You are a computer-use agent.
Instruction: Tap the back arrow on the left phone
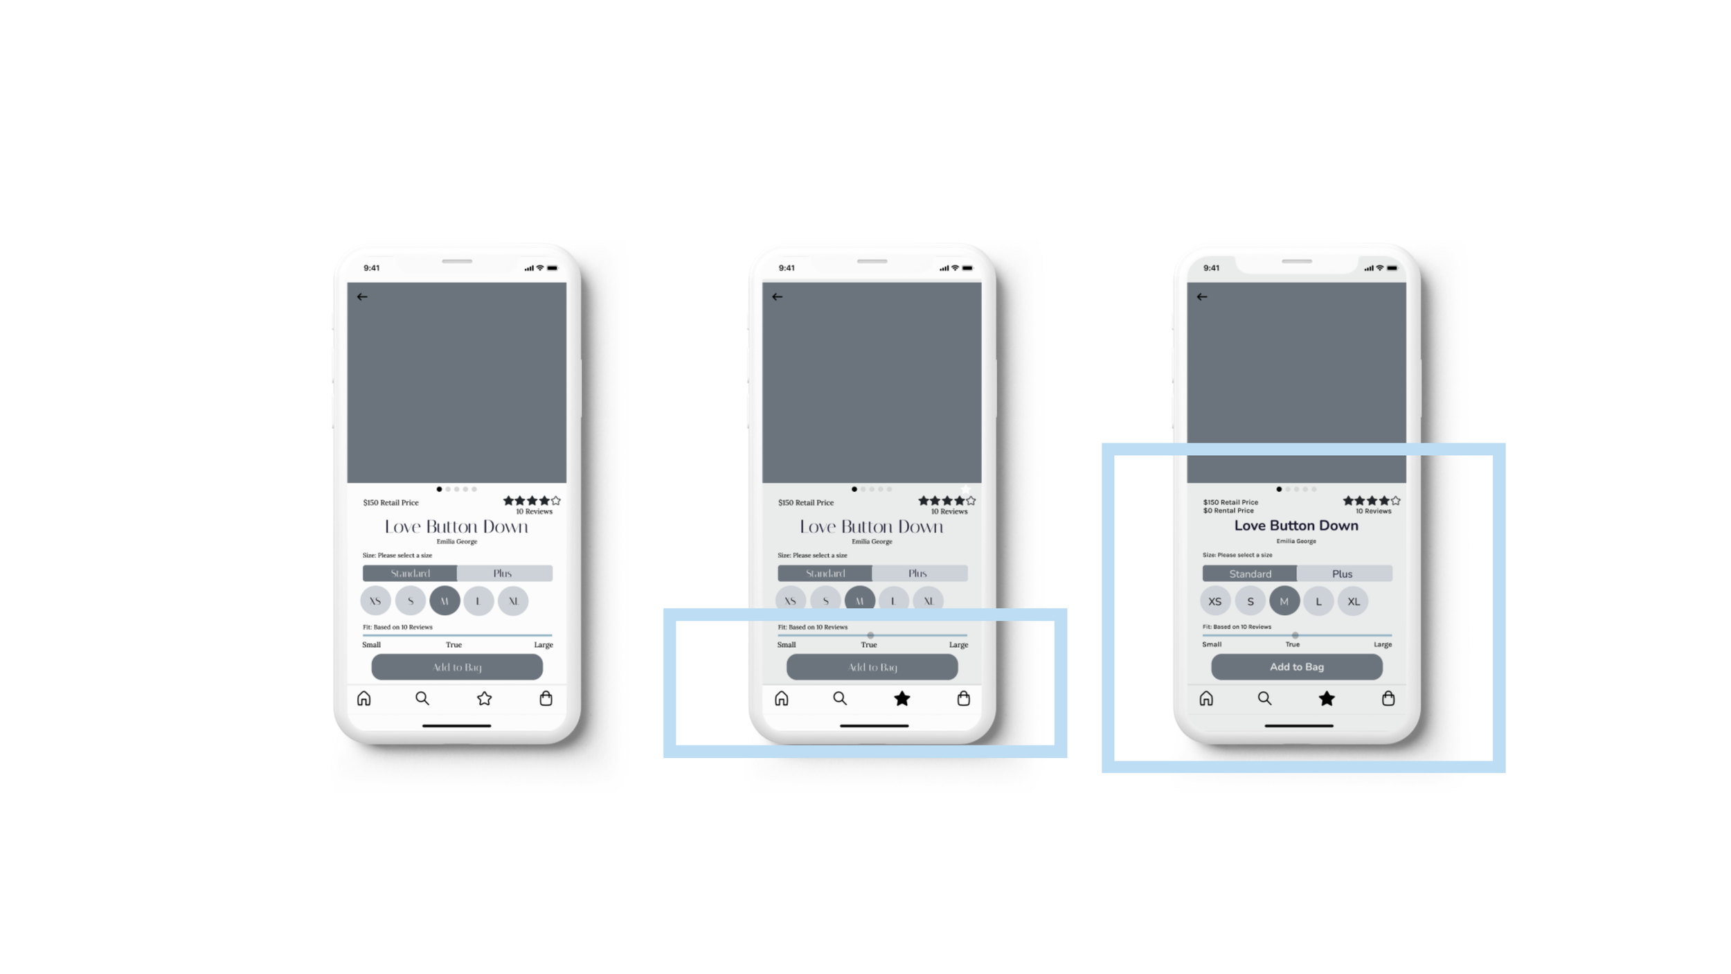coord(362,296)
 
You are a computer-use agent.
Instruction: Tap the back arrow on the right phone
coord(1202,296)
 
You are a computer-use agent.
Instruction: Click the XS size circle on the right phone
coord(1215,601)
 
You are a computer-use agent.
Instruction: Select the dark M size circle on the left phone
coord(445,601)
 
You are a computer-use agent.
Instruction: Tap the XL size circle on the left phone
coord(513,601)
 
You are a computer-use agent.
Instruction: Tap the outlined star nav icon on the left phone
coord(484,698)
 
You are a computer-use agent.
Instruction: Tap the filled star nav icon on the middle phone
coord(902,698)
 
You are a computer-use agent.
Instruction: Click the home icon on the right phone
coord(1206,698)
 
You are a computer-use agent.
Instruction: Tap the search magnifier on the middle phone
coord(840,698)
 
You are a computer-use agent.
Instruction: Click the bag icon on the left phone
coord(546,698)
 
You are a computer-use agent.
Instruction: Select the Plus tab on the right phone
coord(1342,574)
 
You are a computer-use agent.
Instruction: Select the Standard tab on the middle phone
coord(825,573)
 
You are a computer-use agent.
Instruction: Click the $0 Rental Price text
coord(1228,511)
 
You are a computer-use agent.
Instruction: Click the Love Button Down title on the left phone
coord(456,526)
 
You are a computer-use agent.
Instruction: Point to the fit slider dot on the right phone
coord(1295,635)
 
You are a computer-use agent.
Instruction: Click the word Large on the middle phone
coord(958,644)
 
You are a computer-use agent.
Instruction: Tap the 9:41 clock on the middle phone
coord(787,268)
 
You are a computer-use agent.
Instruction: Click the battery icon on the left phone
coord(552,268)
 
